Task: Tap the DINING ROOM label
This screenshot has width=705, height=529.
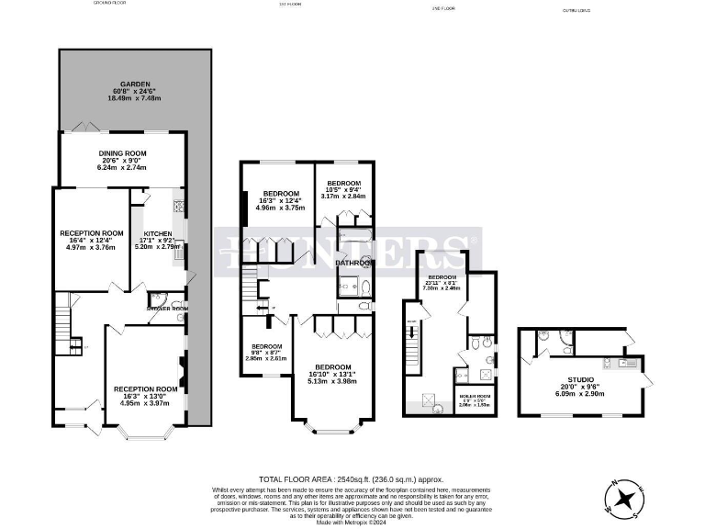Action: click(123, 153)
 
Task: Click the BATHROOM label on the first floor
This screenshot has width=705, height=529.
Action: click(354, 264)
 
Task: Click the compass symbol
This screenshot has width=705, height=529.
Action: click(624, 499)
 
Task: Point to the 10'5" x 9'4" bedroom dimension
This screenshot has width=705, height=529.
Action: click(344, 190)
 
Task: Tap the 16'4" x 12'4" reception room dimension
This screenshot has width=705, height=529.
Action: click(92, 241)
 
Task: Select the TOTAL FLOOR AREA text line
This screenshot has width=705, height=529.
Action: click(351, 479)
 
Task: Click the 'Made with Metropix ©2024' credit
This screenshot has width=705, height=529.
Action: click(352, 521)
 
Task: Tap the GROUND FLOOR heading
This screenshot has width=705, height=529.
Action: click(109, 4)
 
